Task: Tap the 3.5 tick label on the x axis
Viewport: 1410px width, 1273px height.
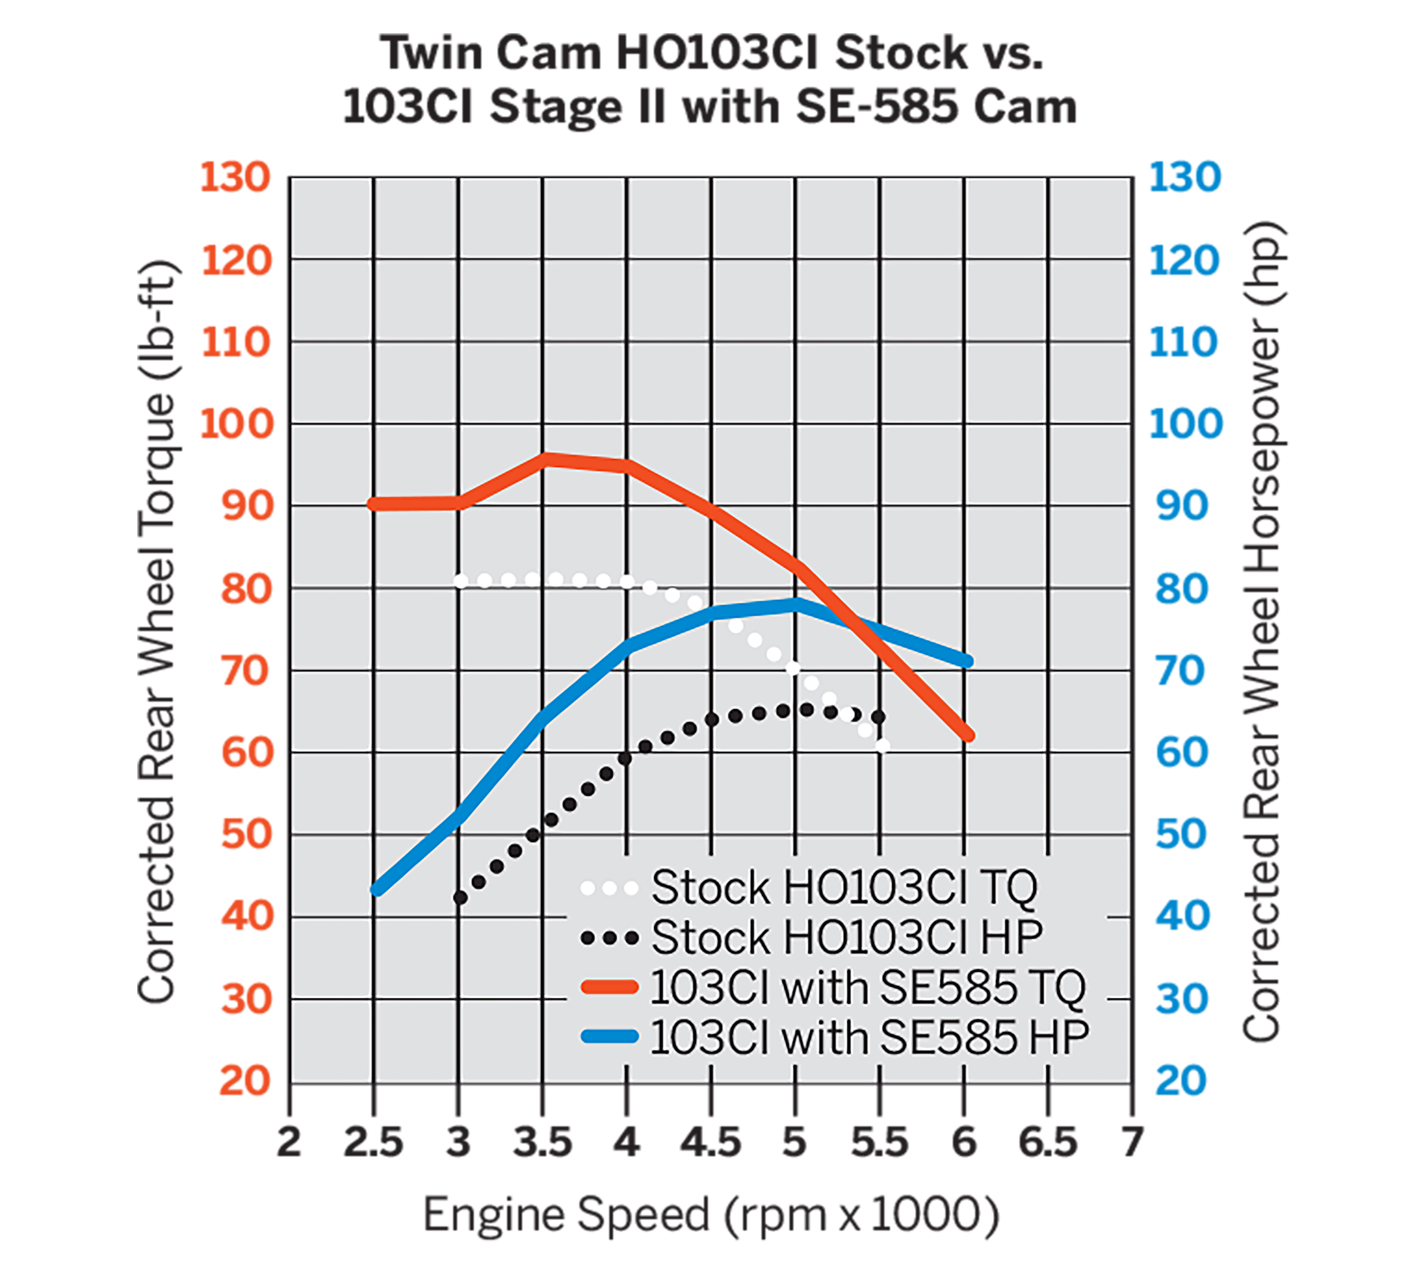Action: pyautogui.click(x=542, y=1143)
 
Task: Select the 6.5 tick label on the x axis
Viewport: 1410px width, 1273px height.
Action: pyautogui.click(x=1048, y=1143)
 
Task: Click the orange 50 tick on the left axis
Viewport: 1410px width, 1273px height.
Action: pyautogui.click(x=246, y=834)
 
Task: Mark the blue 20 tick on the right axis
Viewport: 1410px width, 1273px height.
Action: pyautogui.click(x=1182, y=1081)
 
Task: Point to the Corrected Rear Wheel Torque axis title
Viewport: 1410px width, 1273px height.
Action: pyautogui.click(x=157, y=633)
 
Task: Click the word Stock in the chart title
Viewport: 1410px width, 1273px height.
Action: pyautogui.click(x=902, y=53)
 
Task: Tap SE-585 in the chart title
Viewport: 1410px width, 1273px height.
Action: pyautogui.click(x=878, y=107)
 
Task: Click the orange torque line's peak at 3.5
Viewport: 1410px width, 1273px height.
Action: pyautogui.click(x=545, y=459)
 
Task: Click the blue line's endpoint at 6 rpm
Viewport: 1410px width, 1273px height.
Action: pyautogui.click(x=966, y=660)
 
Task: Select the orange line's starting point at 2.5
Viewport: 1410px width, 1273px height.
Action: pyautogui.click(x=375, y=504)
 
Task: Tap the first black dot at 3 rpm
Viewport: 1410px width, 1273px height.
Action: pyautogui.click(x=459, y=897)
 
